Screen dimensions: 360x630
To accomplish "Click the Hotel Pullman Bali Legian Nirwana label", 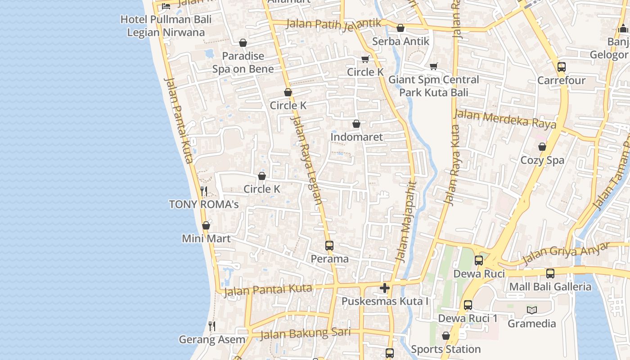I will pyautogui.click(x=166, y=26).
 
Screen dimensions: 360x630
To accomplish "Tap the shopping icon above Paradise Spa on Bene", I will pyautogui.click(x=243, y=43).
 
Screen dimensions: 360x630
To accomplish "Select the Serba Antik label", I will pyautogui.click(x=400, y=41).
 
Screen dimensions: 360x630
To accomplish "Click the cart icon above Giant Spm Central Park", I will pyautogui.click(x=434, y=67).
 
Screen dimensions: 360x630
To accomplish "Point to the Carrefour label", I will pyautogui.click(x=561, y=81).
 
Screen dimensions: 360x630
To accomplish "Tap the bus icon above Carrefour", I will pyautogui.click(x=561, y=67).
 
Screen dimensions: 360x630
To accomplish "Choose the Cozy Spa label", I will pyautogui.click(x=542, y=160).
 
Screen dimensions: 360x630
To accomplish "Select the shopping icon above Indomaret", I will pyautogui.click(x=356, y=124).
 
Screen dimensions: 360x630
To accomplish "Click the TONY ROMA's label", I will pyautogui.click(x=203, y=204).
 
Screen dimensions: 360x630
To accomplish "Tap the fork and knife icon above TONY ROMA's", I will pyautogui.click(x=204, y=191).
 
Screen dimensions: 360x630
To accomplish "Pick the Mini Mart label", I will pyautogui.click(x=206, y=238).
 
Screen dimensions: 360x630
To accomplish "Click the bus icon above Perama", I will pyautogui.click(x=329, y=246).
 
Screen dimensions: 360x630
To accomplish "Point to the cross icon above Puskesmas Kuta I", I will pyautogui.click(x=385, y=288).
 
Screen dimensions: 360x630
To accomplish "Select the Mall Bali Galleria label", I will pyautogui.click(x=550, y=287).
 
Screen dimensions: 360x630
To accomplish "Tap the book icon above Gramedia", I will pyautogui.click(x=532, y=310).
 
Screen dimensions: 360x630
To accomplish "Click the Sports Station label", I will pyautogui.click(x=445, y=349).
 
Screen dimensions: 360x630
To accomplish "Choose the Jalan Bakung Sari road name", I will pyautogui.click(x=305, y=333).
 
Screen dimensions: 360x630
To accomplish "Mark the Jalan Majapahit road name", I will pyautogui.click(x=406, y=221).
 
